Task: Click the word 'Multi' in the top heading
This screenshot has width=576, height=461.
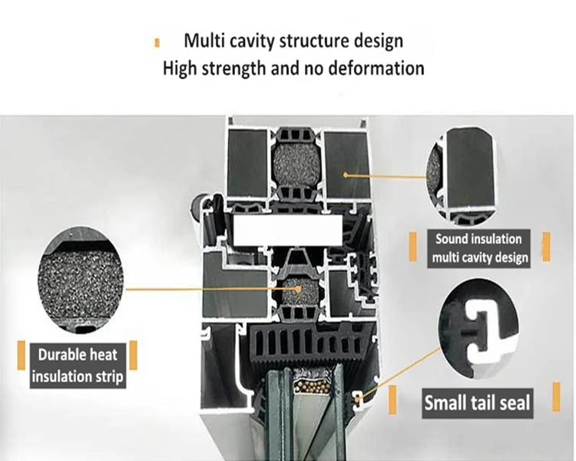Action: coord(204,41)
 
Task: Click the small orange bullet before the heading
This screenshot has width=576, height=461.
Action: coord(157,43)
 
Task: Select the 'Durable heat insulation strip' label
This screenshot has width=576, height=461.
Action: coord(78,366)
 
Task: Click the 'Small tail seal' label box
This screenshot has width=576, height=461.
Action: coord(477,403)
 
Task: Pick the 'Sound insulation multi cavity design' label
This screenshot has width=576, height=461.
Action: coord(479,248)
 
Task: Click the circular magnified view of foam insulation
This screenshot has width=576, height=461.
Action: coord(80,280)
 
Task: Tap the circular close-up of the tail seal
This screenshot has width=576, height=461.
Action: coord(478,329)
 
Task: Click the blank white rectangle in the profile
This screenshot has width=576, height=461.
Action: coord(288,230)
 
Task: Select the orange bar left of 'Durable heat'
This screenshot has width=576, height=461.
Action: coord(22,355)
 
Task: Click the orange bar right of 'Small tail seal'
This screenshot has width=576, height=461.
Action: coord(557,396)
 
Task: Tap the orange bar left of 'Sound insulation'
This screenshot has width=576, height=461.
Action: coord(413,247)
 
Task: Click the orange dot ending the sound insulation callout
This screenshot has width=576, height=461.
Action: coord(345,174)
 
